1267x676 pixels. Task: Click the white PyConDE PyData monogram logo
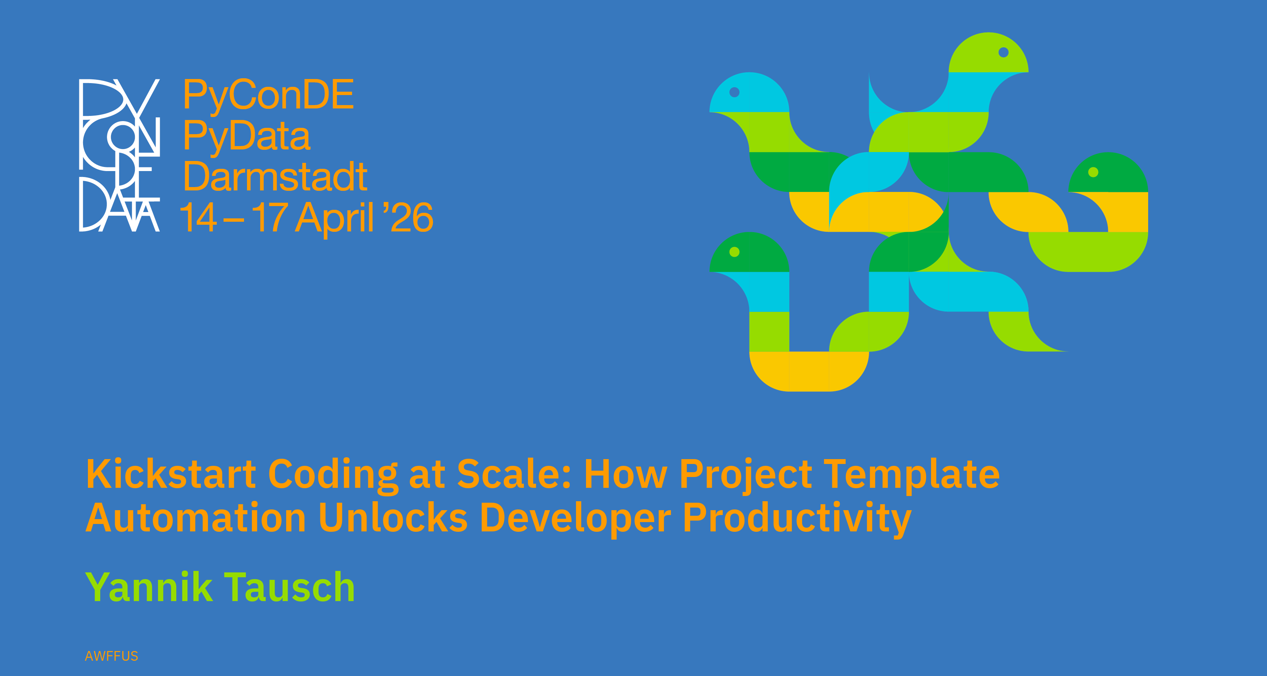click(x=120, y=155)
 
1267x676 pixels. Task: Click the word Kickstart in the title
click(x=171, y=474)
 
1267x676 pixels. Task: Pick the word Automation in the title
click(x=196, y=518)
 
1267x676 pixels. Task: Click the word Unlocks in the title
click(x=393, y=518)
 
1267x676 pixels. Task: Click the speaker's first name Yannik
click(x=149, y=587)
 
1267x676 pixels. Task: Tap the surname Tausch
click(x=290, y=587)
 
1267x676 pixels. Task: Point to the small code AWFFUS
click(x=112, y=656)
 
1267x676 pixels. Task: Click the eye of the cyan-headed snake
click(x=734, y=92)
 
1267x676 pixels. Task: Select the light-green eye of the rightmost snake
click(x=1093, y=172)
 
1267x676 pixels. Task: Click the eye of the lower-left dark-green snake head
click(x=734, y=252)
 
